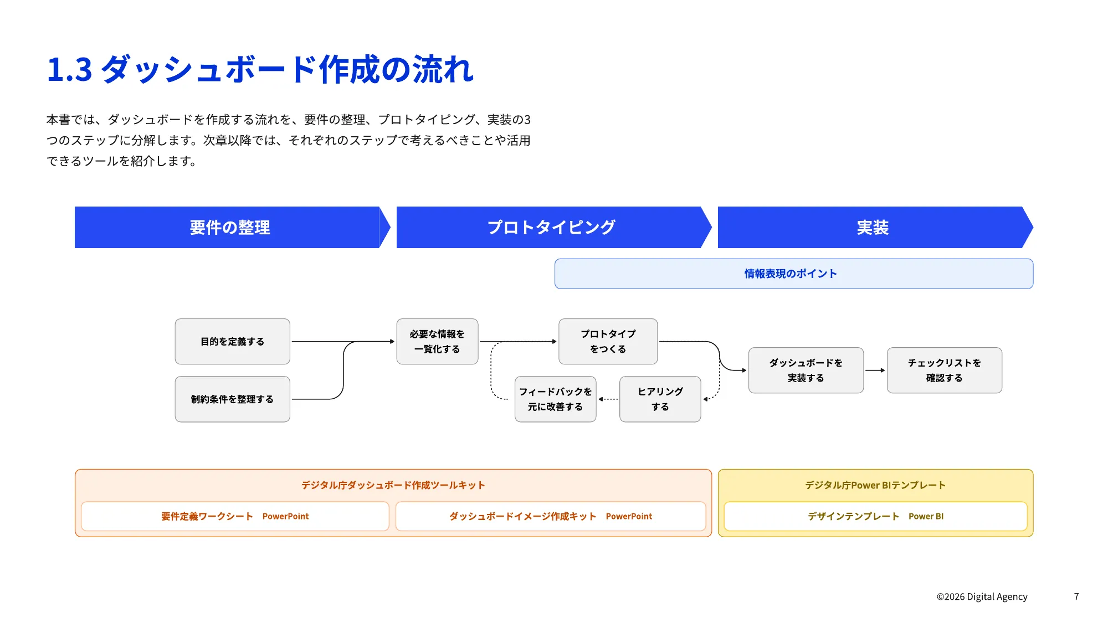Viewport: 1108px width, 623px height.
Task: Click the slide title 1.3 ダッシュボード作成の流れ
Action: click(260, 70)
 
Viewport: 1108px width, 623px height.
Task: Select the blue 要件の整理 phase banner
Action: click(230, 228)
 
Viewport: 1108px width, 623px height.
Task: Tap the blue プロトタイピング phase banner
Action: click(551, 228)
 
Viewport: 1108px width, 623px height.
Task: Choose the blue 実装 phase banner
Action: click(873, 228)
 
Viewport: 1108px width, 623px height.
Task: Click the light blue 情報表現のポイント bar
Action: click(793, 274)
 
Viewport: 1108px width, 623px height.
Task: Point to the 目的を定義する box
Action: click(232, 342)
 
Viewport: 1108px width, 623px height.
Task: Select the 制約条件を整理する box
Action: click(232, 399)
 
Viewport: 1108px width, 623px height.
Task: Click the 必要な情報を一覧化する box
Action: click(437, 342)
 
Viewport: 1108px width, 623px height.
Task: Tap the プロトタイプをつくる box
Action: click(608, 342)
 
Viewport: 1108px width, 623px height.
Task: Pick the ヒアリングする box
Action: click(660, 399)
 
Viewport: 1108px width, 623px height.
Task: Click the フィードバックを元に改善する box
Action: click(555, 399)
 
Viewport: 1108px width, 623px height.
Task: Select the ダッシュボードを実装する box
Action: click(806, 370)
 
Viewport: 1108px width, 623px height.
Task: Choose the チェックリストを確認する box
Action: click(944, 370)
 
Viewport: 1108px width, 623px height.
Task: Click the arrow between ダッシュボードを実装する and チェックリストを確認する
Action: click(875, 370)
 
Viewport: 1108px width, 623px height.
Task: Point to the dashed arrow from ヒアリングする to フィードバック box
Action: click(608, 399)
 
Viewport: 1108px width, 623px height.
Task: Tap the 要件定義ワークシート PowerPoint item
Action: click(235, 516)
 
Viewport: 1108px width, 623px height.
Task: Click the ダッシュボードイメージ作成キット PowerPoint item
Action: click(551, 516)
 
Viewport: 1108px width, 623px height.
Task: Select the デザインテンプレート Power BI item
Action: click(875, 516)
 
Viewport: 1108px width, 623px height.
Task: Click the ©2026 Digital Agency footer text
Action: click(982, 596)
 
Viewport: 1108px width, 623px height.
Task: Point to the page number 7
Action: click(1076, 596)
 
